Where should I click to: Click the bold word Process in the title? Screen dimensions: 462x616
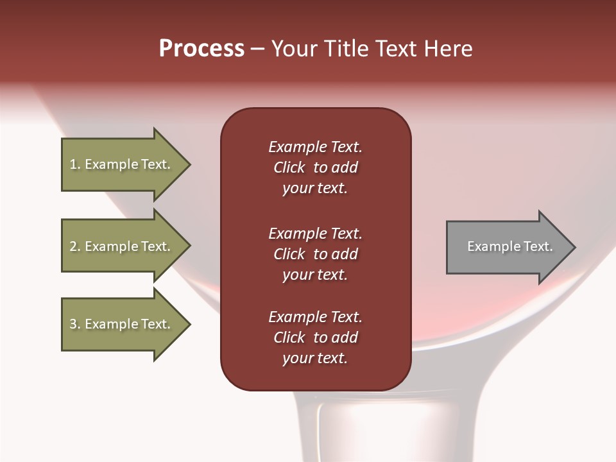[201, 49]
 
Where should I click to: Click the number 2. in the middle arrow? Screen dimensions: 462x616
[75, 246]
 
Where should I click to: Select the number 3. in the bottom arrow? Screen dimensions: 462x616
[75, 324]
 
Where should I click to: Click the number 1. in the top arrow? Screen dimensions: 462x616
[75, 164]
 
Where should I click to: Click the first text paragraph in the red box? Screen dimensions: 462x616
[315, 167]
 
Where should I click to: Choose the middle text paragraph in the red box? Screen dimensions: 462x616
[315, 254]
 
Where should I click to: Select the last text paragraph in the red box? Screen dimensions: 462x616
[315, 338]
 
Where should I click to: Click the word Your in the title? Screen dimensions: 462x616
[293, 49]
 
